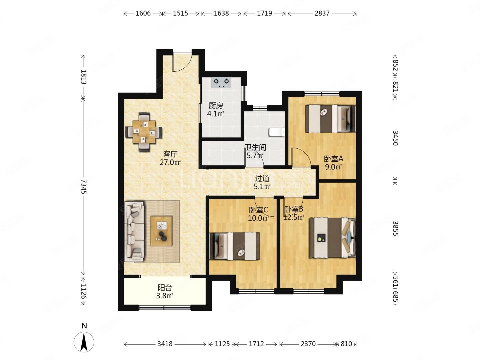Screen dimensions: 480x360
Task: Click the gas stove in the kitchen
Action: tap(221, 82)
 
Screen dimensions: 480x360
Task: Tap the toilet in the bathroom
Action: tap(277, 132)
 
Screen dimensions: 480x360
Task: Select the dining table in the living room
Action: tap(144, 132)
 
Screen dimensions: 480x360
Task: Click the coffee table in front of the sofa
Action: tap(161, 231)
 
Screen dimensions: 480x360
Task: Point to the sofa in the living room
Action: tap(134, 231)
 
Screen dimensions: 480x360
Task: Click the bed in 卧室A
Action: tap(330, 119)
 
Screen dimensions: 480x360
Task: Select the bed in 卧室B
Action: tap(332, 238)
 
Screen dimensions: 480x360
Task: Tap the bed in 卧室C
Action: tap(235, 246)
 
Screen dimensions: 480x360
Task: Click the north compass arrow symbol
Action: tap(84, 342)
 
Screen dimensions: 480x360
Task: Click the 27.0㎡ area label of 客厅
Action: tap(170, 162)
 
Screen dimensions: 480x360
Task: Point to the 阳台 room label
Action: tap(165, 288)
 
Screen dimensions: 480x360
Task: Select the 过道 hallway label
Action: tap(262, 178)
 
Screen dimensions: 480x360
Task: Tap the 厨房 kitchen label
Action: tap(216, 106)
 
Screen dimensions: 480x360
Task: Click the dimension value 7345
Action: tap(84, 186)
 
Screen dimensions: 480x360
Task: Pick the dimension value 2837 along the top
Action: tap(322, 13)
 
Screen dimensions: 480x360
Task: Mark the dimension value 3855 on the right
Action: tap(396, 228)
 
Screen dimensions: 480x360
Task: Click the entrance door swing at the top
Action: tap(182, 62)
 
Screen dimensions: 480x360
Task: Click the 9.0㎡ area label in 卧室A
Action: tap(333, 167)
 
